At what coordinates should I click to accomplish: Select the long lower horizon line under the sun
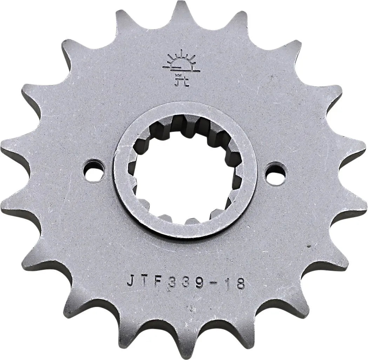[181, 71]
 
